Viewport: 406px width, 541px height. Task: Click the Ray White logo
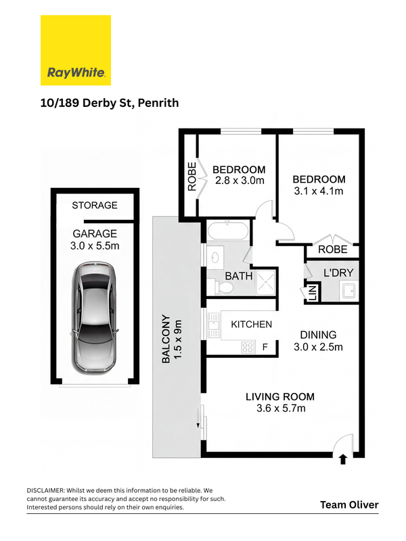[x=76, y=50]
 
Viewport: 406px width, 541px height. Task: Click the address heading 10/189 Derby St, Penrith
[x=110, y=103]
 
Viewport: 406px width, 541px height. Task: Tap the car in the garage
[x=94, y=317]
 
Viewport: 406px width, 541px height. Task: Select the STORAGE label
[x=95, y=206]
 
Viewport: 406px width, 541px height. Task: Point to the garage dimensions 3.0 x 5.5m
[x=95, y=246]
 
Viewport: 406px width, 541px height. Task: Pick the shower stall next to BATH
[x=265, y=282]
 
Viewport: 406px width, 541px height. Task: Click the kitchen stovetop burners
[x=248, y=347]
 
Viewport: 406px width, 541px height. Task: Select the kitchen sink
[x=213, y=325]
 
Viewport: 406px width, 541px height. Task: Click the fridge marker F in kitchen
[x=265, y=347]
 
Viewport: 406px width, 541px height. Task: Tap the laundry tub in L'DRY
[x=348, y=290]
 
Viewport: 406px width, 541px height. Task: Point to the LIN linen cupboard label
[x=313, y=293]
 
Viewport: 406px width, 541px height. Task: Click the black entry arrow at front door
[x=343, y=460]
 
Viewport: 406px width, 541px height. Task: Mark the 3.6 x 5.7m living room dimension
[x=281, y=408]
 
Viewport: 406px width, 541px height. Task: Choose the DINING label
[x=318, y=335]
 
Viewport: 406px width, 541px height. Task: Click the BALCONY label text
[x=166, y=339]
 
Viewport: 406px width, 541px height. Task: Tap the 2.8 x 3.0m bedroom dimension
[x=240, y=181]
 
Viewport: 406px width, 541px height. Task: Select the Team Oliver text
[x=349, y=504]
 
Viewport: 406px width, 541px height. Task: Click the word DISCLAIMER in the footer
[x=45, y=490]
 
